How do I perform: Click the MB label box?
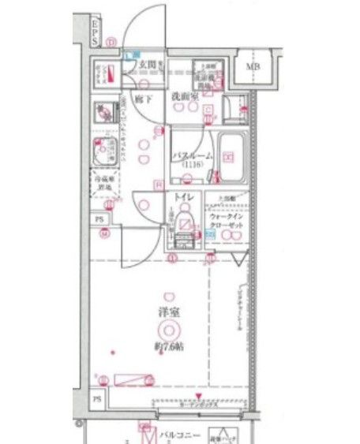(253, 66)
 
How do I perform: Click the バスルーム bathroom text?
(192, 156)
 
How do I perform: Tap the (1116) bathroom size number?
(192, 166)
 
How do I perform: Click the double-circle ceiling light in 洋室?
(167, 330)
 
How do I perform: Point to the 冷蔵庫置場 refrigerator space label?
(104, 184)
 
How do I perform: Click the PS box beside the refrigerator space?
(99, 218)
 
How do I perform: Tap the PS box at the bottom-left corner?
(97, 399)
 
